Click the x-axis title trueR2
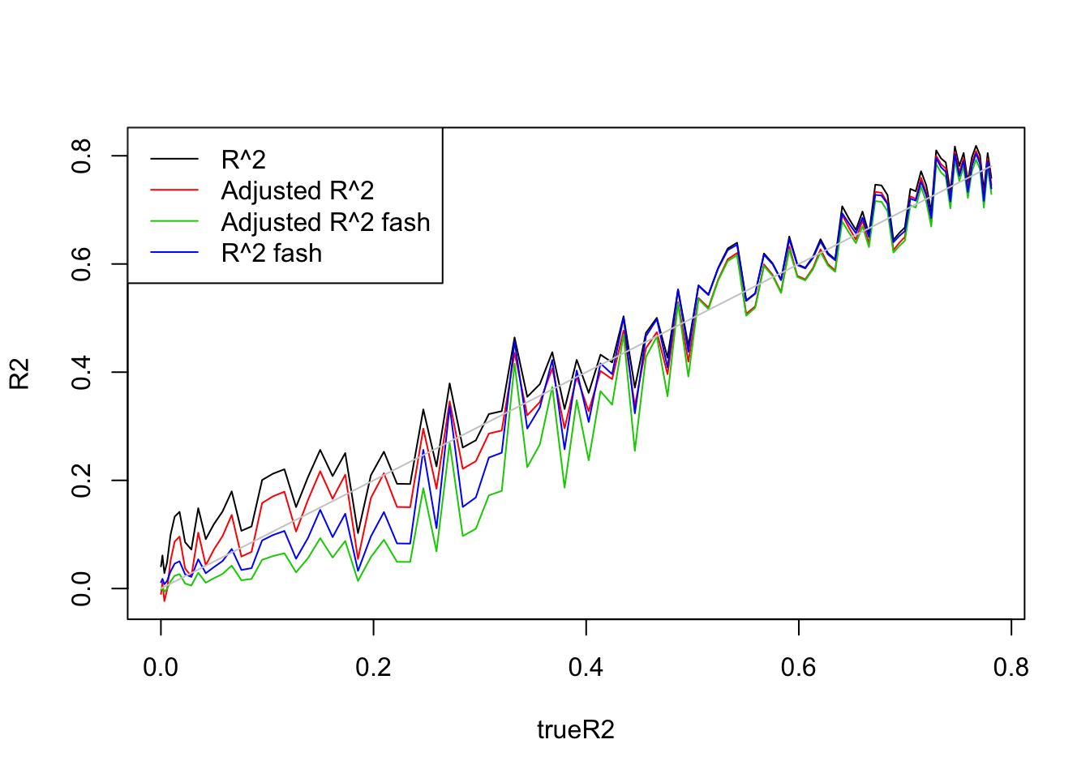click(x=575, y=730)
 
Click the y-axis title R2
click(x=19, y=374)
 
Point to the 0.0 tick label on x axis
click(x=161, y=667)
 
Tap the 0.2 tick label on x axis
click(x=373, y=667)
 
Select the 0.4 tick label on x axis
click(x=586, y=667)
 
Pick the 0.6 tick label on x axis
click(x=798, y=667)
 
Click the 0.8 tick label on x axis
click(x=1011, y=667)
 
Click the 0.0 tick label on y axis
click(x=82, y=588)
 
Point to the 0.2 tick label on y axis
click(x=82, y=481)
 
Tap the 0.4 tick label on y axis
click(x=82, y=372)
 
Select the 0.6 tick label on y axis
click(x=82, y=264)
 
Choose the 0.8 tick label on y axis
click(x=82, y=156)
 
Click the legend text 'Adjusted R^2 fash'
click(x=325, y=222)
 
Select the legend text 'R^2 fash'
click(x=271, y=254)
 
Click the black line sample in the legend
click(x=174, y=160)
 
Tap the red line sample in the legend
click(x=174, y=190)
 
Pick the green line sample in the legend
click(x=174, y=222)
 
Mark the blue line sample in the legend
click(x=174, y=253)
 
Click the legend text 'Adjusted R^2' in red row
click(x=298, y=191)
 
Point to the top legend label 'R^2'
click(x=243, y=160)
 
